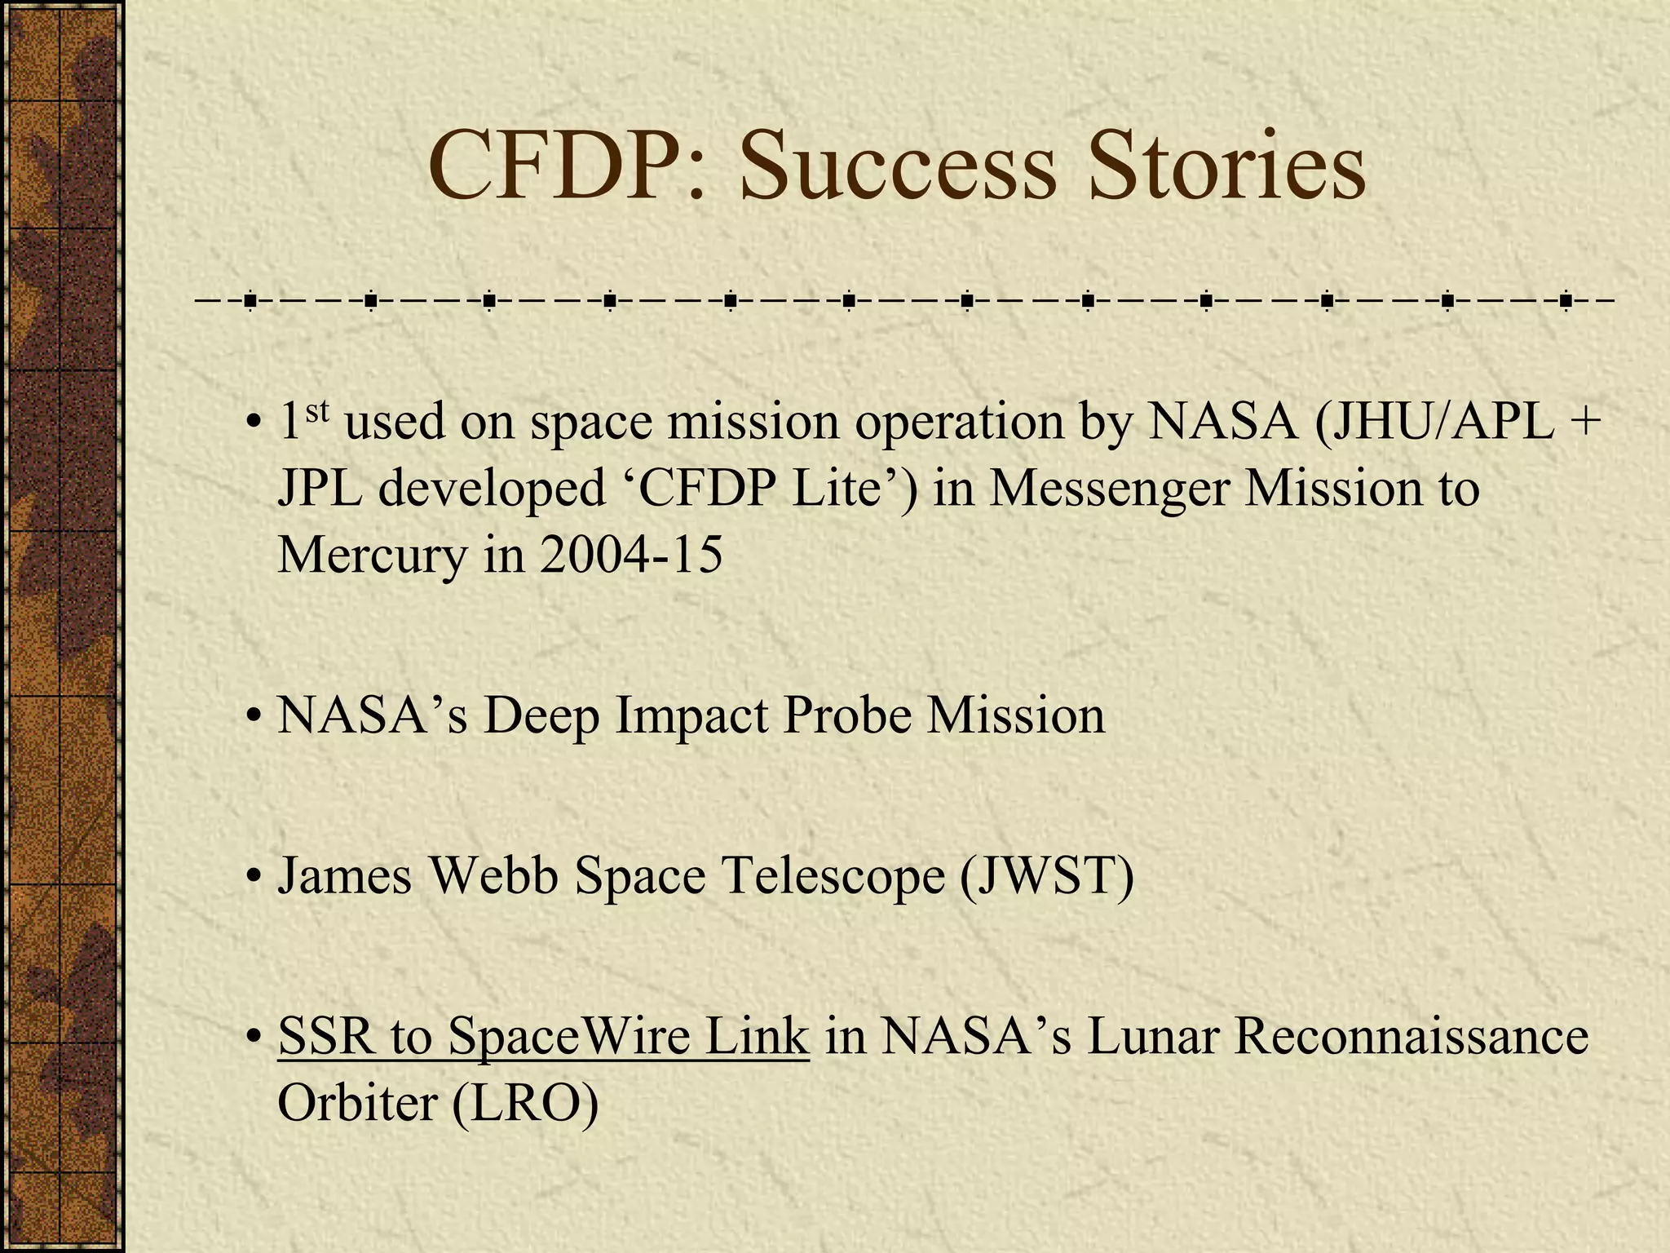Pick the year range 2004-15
click(630, 555)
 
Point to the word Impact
click(692, 716)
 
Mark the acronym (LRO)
click(524, 1103)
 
